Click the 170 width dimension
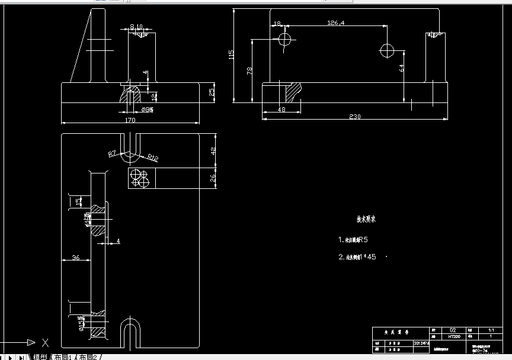click(130, 120)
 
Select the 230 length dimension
click(354, 117)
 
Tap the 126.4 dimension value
click(336, 23)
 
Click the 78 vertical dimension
click(249, 70)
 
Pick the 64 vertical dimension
click(401, 67)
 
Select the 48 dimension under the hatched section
click(281, 110)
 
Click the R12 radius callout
click(152, 157)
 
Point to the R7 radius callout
click(112, 154)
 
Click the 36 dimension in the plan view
click(76, 257)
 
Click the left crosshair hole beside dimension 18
click(285, 40)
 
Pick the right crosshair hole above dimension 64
click(388, 51)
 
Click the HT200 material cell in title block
click(453, 336)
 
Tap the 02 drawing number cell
click(453, 330)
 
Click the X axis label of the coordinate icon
click(45, 342)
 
